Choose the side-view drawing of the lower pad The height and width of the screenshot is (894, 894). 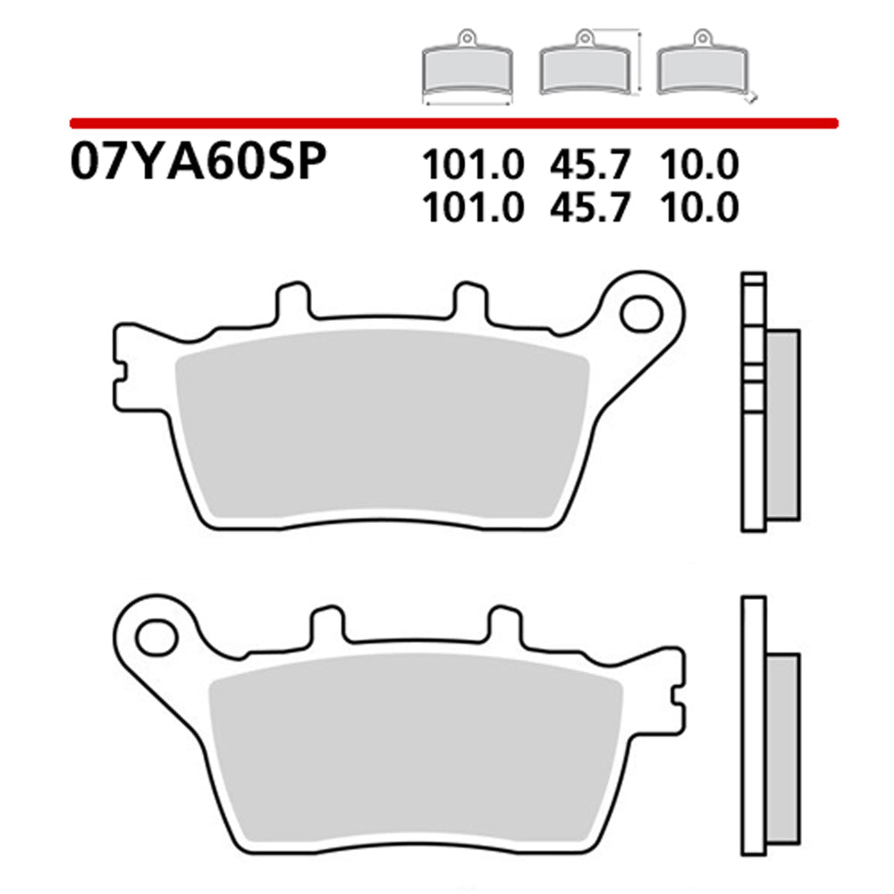(769, 724)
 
